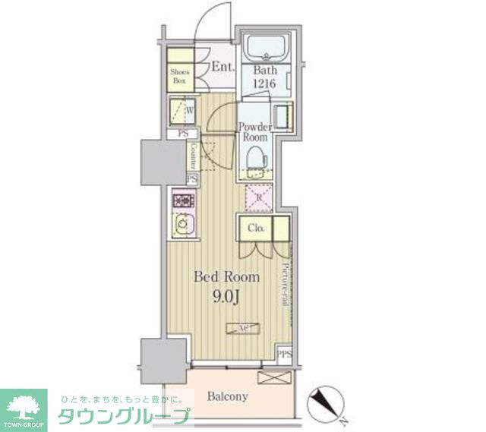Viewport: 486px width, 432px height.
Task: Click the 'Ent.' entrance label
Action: click(222, 67)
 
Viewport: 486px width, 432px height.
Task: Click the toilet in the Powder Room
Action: click(256, 158)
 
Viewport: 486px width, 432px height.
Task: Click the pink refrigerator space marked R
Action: click(257, 198)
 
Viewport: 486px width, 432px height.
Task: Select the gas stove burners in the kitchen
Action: click(183, 201)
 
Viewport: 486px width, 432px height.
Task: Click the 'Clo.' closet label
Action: click(254, 228)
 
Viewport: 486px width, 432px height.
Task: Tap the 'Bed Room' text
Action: click(226, 277)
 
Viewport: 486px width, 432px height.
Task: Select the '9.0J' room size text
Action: click(226, 297)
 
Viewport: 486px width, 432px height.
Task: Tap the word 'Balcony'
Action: click(227, 396)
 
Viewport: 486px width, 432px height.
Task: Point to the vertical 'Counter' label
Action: click(194, 156)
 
